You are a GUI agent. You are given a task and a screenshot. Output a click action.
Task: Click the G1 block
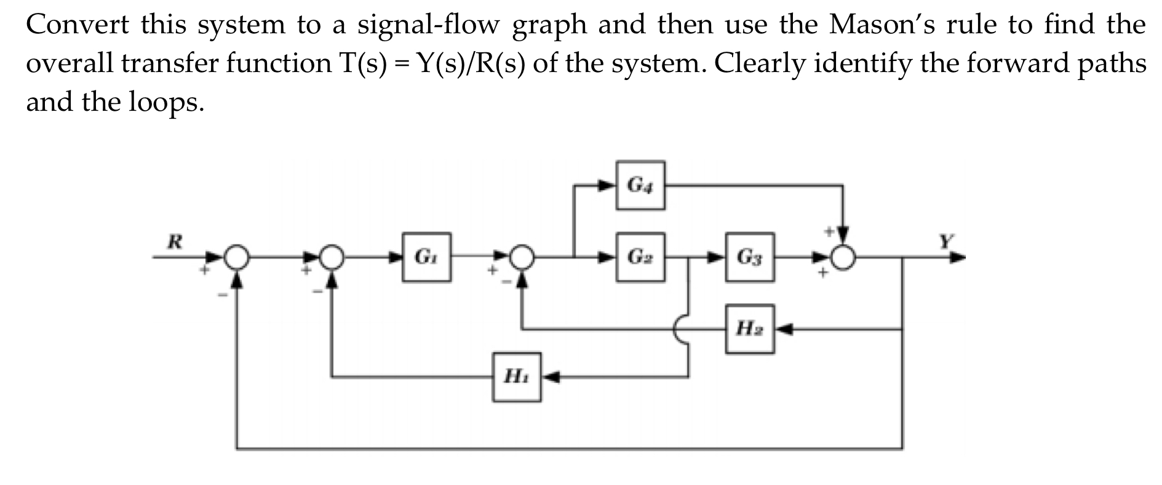[x=426, y=257]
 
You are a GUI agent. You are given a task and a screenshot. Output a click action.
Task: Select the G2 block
[x=640, y=257]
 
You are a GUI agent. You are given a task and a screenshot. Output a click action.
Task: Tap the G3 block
[x=749, y=257]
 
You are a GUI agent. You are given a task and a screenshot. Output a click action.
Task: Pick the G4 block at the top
[x=640, y=185]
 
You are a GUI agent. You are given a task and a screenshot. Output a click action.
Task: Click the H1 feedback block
[x=517, y=377]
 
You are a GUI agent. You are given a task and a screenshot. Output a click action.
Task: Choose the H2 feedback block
[x=749, y=329]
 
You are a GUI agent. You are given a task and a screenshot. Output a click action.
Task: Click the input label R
[x=175, y=241]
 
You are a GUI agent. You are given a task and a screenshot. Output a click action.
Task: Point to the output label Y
[x=945, y=241]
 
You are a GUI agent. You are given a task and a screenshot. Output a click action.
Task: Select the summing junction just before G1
[x=332, y=257]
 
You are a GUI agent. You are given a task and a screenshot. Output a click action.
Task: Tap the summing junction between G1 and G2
[x=522, y=257]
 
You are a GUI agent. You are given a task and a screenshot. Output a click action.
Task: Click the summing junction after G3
[x=844, y=257]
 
